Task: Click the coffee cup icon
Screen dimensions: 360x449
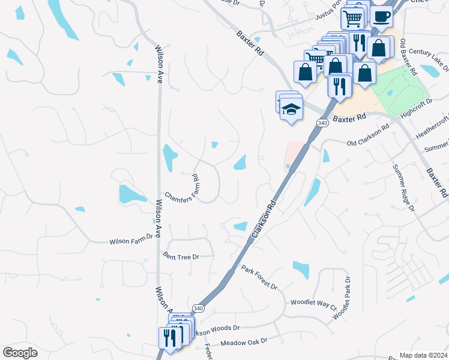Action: tap(382, 16)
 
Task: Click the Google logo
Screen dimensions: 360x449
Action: tap(20, 353)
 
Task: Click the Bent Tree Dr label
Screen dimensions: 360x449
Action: tap(181, 257)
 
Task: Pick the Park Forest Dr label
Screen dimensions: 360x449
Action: tap(259, 277)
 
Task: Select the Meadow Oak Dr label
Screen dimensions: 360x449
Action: tap(243, 343)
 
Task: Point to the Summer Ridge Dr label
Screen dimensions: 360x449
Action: tap(403, 188)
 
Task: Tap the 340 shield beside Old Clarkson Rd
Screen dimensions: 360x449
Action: tap(323, 123)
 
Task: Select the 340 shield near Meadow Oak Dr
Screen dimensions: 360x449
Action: tap(197, 308)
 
